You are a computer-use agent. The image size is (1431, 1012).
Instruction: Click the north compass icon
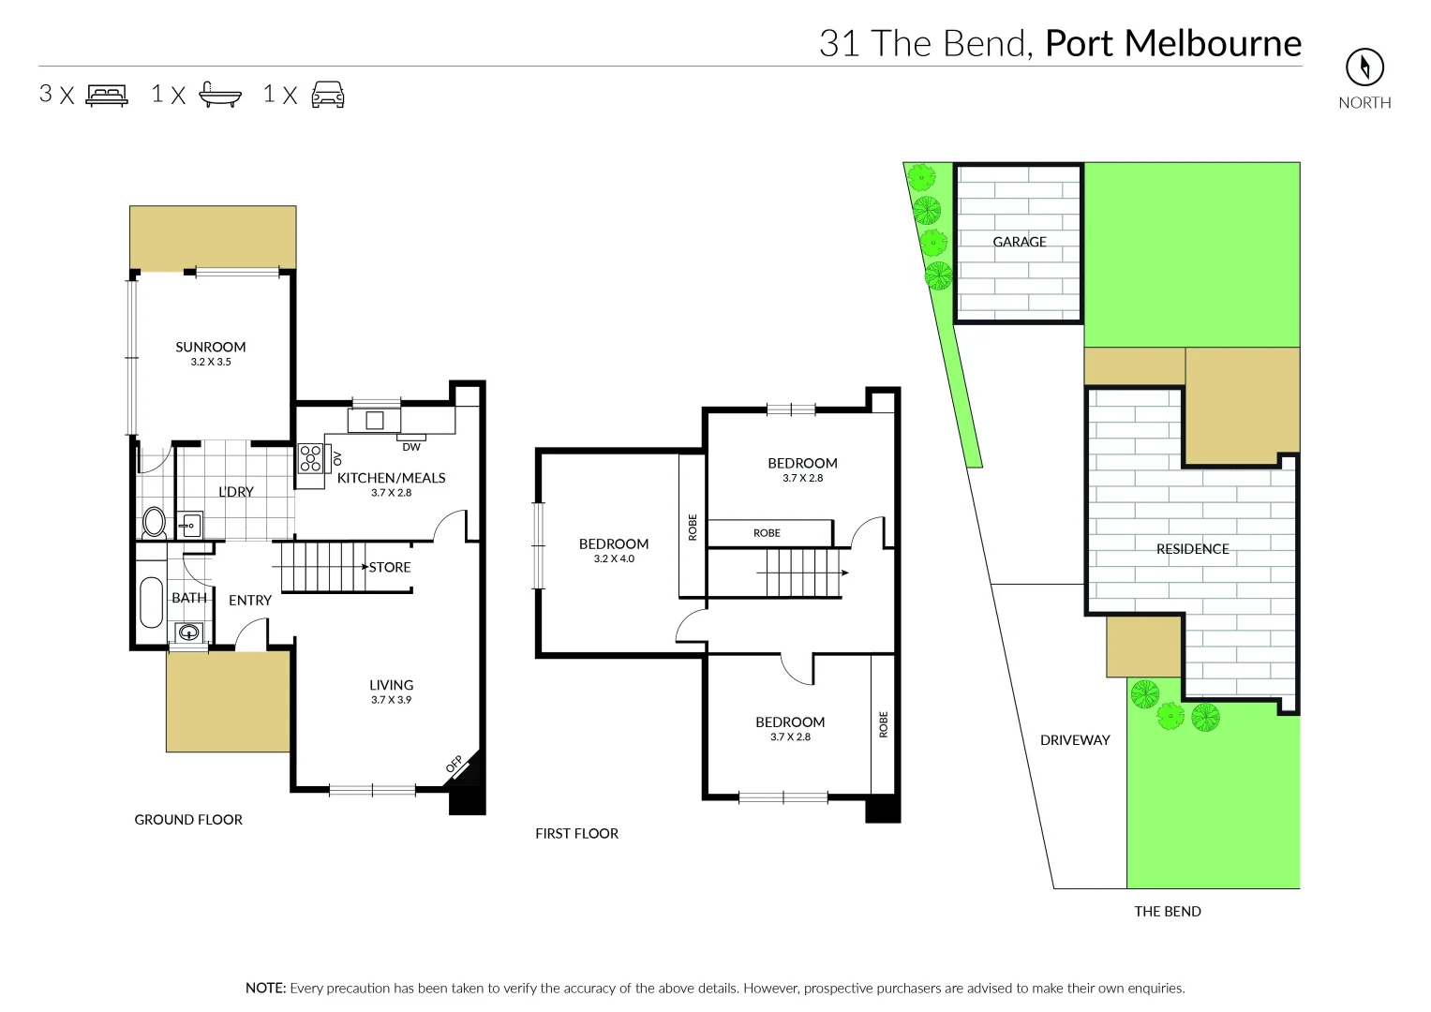coord(1364,67)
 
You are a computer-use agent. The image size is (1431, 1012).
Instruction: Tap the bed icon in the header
coord(107,95)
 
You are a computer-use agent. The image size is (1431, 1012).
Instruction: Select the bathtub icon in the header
coord(220,95)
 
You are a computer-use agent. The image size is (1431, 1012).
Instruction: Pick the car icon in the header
coord(328,95)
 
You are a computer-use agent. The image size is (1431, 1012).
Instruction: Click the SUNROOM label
coord(211,347)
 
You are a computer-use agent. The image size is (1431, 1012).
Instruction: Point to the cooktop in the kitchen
coord(310,458)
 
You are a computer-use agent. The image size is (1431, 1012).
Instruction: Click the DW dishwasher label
coord(411,447)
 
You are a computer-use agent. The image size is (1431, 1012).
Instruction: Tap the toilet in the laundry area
coord(154,521)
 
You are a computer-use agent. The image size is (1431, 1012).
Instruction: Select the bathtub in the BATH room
coord(151,603)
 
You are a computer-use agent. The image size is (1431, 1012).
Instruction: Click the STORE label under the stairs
coord(390,567)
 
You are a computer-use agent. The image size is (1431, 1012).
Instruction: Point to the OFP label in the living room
coord(455,766)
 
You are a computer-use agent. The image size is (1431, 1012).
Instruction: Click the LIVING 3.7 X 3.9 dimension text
coord(391,700)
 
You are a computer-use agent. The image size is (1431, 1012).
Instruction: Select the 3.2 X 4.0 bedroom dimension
coord(614,558)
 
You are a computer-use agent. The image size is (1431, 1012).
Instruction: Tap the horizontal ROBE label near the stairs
coord(767,533)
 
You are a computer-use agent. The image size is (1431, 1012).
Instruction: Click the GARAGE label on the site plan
coord(1020,242)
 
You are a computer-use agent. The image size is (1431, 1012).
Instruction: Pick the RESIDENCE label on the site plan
coord(1192,549)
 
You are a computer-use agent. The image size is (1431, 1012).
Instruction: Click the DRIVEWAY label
coord(1075,740)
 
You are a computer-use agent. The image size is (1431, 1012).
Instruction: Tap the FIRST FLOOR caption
coord(576,833)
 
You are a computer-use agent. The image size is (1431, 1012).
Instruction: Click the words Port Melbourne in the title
coord(1173,43)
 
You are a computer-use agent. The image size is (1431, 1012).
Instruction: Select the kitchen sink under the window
coord(375,421)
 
